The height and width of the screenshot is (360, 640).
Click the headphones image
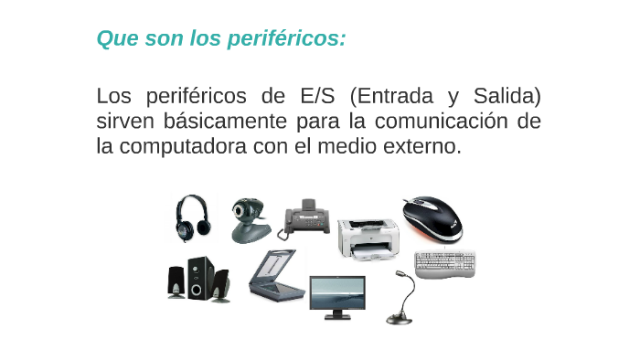194,218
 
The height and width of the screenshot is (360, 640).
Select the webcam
248,220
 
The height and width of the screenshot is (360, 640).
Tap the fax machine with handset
305,218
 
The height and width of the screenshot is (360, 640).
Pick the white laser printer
368,237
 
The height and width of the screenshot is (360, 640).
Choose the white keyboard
445,265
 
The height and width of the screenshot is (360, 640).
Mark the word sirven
125,121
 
